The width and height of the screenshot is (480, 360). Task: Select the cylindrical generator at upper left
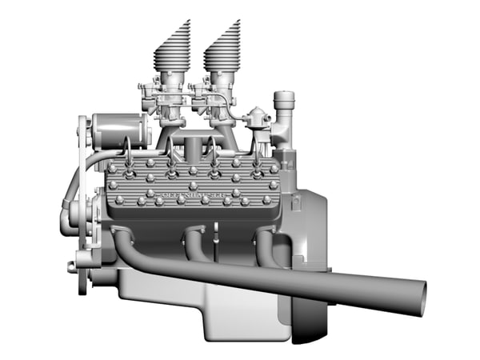pyautogui.click(x=119, y=130)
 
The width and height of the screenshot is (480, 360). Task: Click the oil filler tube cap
pyautogui.click(x=283, y=101)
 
